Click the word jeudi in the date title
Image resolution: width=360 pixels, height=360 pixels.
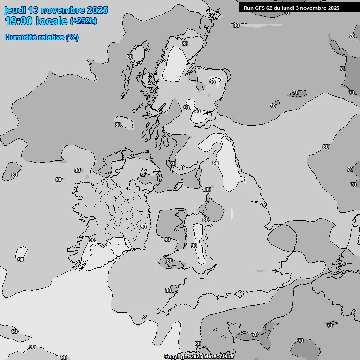pos(14,10)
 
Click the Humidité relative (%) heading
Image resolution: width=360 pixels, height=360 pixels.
pos(41,37)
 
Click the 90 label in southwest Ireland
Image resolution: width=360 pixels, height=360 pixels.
pos(92,240)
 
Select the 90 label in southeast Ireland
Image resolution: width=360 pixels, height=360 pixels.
pos(143,227)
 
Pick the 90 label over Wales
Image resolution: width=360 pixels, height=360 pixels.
pos(194,246)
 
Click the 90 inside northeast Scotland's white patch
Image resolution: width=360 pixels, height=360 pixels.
pos(212,82)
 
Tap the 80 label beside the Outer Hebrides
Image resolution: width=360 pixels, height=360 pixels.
pos(130,57)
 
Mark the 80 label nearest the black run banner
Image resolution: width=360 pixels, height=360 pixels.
pos(236,25)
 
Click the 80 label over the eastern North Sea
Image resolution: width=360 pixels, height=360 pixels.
pos(325,147)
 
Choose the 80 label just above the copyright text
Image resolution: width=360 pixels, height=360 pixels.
pos(197,344)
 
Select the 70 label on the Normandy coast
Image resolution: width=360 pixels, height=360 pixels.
pos(255,334)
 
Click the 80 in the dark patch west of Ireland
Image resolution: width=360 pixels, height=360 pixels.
pos(15,175)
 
